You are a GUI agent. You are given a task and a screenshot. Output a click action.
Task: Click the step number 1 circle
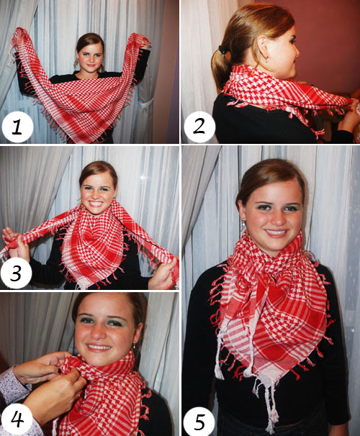click(x=17, y=127)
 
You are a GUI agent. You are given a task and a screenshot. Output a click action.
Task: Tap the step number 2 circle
click(x=199, y=127)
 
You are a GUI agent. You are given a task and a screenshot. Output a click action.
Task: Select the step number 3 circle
click(x=16, y=273)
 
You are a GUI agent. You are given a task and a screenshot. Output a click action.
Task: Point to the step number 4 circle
click(x=17, y=419)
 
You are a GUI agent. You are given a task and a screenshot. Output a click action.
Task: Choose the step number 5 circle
click(x=199, y=421)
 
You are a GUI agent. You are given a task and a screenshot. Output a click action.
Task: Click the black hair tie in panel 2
click(x=222, y=50)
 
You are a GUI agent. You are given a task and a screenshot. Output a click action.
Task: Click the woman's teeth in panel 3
click(x=96, y=204)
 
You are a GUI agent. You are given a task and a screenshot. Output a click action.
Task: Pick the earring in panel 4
click(x=135, y=346)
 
